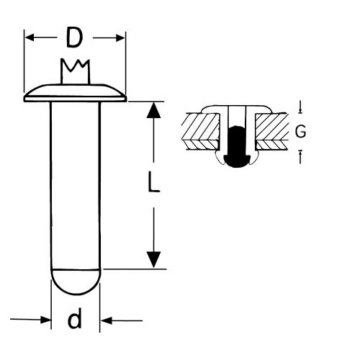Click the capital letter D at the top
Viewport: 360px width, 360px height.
(x=74, y=37)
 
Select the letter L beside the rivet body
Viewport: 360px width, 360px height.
(x=153, y=181)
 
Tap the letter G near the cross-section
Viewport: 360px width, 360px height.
(x=300, y=131)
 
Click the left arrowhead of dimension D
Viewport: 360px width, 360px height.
(x=30, y=37)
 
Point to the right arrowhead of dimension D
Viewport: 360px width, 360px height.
(x=120, y=38)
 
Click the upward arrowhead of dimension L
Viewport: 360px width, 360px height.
(x=153, y=110)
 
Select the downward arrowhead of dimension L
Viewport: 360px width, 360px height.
(x=153, y=260)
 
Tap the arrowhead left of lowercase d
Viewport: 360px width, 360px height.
(x=45, y=320)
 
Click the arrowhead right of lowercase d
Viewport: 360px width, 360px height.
(x=106, y=320)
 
